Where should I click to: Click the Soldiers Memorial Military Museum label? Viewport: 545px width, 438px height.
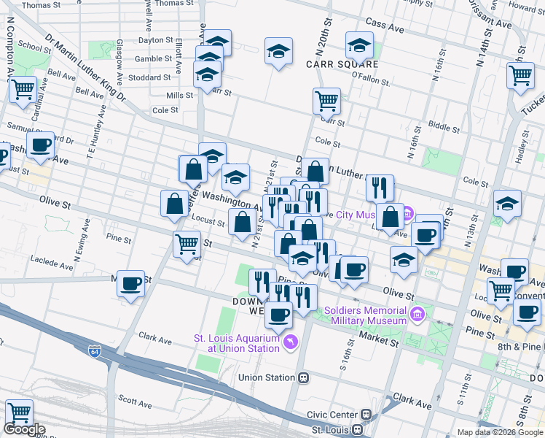click(368, 315)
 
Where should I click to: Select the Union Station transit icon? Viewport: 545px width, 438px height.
click(304, 378)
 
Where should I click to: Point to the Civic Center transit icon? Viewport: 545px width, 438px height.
click(366, 415)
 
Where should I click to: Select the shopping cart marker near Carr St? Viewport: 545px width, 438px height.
click(326, 100)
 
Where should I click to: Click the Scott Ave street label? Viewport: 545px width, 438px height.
click(135, 401)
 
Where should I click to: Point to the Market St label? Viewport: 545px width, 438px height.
click(377, 337)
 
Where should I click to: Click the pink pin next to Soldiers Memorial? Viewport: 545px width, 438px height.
click(417, 315)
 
